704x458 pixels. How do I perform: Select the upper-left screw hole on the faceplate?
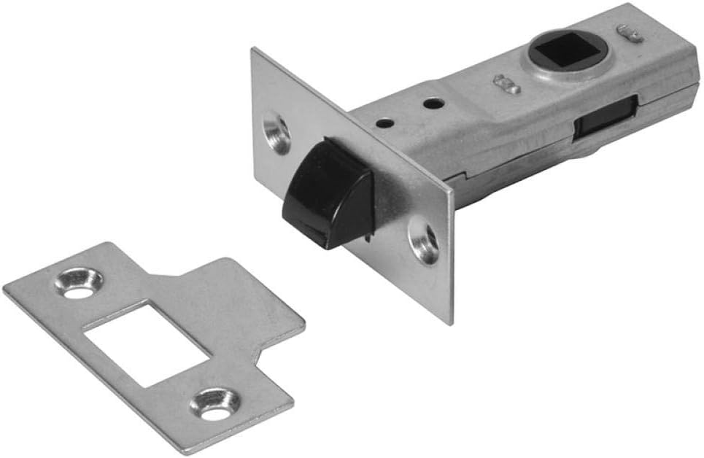click(276, 129)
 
